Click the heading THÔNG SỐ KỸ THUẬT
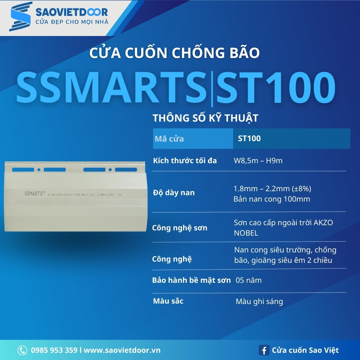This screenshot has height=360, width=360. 206,118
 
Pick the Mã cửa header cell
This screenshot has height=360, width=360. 169,139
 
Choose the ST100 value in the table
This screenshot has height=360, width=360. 249,139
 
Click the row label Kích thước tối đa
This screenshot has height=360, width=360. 185,161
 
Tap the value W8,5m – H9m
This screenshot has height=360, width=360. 258,161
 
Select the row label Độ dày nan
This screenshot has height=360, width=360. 174,192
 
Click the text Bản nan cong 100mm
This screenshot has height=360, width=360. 272,199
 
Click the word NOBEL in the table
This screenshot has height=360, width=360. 246,233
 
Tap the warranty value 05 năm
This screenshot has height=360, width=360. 248,280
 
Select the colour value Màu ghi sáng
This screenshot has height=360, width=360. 259,302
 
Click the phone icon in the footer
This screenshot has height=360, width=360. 22,350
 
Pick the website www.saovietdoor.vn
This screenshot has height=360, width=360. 122,350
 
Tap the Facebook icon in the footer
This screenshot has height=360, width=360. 264,350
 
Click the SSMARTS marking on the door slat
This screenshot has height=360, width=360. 35,193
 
